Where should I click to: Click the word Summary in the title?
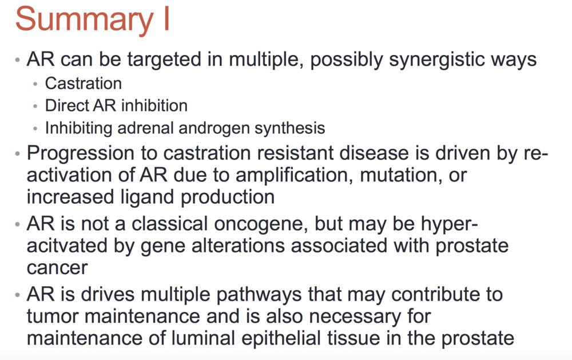[x=84, y=20]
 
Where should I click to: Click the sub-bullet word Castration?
[x=83, y=84]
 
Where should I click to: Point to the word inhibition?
[x=154, y=105]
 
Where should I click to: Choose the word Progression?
[x=81, y=153]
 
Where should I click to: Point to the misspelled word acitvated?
[x=67, y=246]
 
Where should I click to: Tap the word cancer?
[x=57, y=268]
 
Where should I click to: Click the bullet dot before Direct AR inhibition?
[x=35, y=106]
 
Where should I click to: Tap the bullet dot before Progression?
[x=18, y=154]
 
